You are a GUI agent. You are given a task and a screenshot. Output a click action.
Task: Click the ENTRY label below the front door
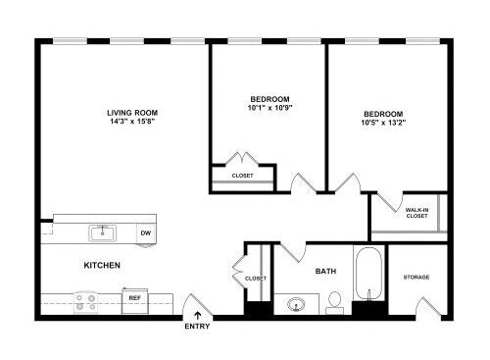pyautogui.click(x=197, y=327)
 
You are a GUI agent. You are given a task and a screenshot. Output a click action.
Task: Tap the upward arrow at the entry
pyautogui.click(x=198, y=316)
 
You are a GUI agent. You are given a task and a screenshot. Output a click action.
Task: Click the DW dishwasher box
pyautogui.click(x=146, y=233)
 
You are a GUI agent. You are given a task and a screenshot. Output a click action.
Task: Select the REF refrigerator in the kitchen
pyautogui.click(x=135, y=300)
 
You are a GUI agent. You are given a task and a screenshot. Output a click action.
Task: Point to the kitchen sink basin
pyautogui.click(x=103, y=233)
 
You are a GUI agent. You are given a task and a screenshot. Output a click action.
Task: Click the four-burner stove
pyautogui.click(x=86, y=302)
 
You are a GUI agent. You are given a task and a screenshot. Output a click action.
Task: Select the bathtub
pyautogui.click(x=368, y=274)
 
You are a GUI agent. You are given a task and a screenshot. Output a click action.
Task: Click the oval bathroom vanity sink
pyautogui.click(x=296, y=305)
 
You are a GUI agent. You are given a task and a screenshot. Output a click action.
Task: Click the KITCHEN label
pyautogui.click(x=102, y=265)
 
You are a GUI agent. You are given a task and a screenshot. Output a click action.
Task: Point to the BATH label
pyautogui.click(x=325, y=271)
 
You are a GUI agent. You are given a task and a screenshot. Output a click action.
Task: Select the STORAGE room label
pyautogui.click(x=416, y=278)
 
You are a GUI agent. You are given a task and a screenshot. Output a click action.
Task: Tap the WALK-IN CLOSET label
pyautogui.click(x=416, y=213)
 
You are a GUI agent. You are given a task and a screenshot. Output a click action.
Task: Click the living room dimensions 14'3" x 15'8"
pyautogui.click(x=132, y=122)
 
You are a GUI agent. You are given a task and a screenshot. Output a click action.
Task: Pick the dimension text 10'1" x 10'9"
pyautogui.click(x=269, y=108)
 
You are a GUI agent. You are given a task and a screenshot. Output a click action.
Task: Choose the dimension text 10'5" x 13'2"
pyautogui.click(x=383, y=123)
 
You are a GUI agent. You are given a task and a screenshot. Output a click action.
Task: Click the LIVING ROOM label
pyautogui.click(x=132, y=113)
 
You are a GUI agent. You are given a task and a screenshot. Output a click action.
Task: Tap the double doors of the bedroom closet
pyautogui.click(x=242, y=159)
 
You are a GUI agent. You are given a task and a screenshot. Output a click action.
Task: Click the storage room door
pyautogui.click(x=428, y=307)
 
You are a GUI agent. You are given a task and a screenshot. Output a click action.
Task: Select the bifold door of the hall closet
pyautogui.click(x=239, y=272)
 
